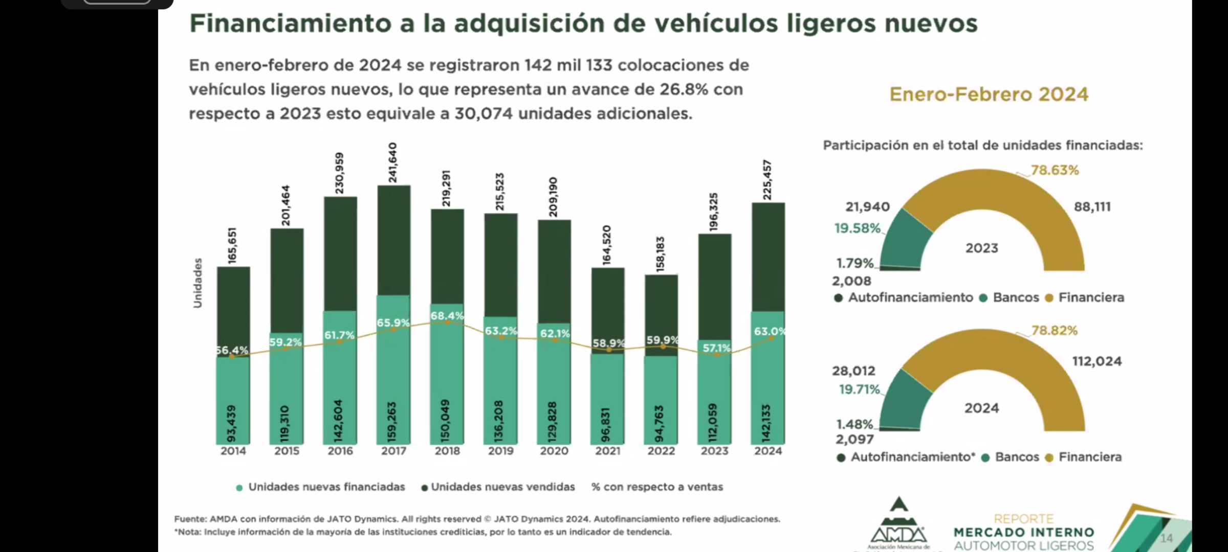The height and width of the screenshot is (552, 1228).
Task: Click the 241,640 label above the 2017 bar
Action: [392, 162]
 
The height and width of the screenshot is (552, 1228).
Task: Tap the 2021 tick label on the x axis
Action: [607, 451]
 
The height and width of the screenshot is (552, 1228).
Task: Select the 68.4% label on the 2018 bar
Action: [447, 316]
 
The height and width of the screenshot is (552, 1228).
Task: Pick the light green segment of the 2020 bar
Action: [554, 388]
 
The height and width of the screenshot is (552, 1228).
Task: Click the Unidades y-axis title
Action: [198, 283]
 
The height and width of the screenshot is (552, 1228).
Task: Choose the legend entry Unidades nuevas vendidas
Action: [502, 487]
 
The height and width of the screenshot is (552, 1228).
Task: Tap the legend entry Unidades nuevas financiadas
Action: [326, 487]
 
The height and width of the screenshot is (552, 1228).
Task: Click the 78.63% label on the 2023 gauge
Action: [1054, 170]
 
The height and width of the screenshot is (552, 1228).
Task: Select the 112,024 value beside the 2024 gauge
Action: [1097, 361]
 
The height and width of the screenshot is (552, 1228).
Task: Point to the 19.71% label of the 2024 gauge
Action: [859, 389]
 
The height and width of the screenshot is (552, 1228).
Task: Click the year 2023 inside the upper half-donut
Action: [981, 248]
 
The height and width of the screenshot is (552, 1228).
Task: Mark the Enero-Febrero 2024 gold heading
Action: [989, 95]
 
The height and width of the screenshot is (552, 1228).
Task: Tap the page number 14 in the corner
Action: [1166, 538]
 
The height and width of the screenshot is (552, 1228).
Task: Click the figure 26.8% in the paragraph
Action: [684, 89]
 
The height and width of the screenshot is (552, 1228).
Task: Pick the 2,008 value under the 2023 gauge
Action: [851, 281]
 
